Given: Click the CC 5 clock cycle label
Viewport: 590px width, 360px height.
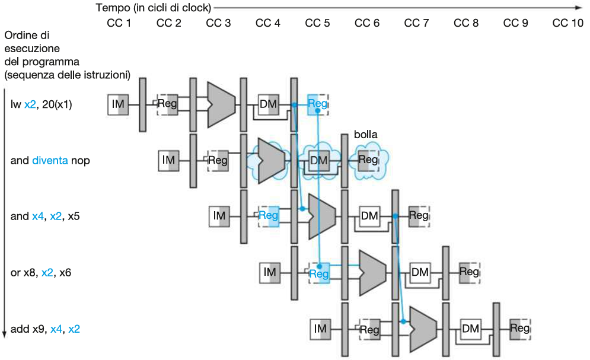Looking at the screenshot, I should [317, 23].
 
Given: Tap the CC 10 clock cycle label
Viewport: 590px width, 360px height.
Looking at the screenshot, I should [567, 23].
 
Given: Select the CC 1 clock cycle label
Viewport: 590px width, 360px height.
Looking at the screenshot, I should [119, 23].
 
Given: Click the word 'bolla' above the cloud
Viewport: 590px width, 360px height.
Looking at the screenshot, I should [365, 135].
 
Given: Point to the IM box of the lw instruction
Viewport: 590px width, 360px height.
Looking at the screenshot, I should [118, 104].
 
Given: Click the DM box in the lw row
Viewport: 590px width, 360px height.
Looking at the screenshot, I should [268, 104].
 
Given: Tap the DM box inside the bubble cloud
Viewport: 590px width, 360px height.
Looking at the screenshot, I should [318, 160].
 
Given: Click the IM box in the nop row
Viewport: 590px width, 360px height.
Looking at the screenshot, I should [168, 160].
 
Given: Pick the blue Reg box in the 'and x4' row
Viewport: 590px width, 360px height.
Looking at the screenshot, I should [269, 216].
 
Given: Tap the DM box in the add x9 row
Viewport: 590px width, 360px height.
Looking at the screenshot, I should [470, 329].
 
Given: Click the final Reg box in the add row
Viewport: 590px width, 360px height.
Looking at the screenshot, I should [520, 329].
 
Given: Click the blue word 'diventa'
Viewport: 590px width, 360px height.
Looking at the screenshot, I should [50, 160].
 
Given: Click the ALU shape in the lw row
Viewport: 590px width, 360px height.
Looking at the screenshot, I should [221, 104].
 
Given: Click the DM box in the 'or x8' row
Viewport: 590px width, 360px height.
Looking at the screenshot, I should [420, 272].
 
